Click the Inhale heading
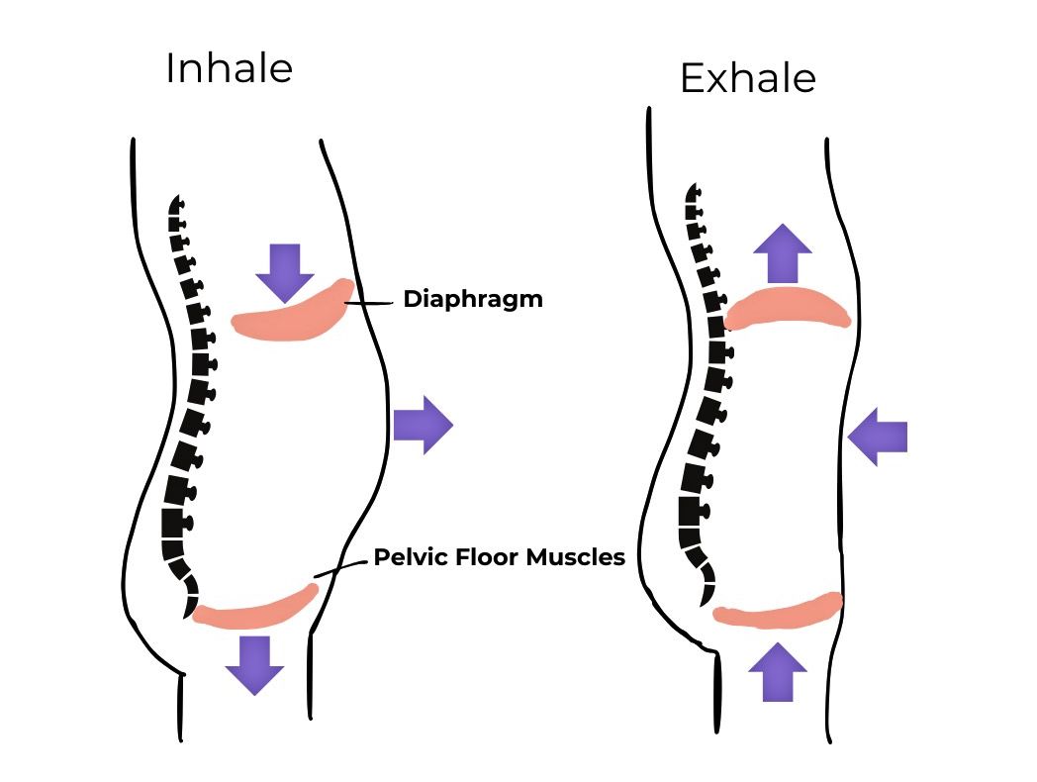click(229, 68)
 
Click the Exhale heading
click(747, 78)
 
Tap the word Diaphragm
click(473, 299)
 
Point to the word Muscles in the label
click(575, 557)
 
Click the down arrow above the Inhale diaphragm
click(284, 270)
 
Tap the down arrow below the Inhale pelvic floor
click(254, 664)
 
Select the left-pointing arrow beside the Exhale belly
click(878, 436)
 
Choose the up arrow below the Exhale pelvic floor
click(778, 671)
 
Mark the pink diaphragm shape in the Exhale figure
click(788, 307)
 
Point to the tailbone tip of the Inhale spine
click(186, 612)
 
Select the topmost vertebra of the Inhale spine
click(178, 202)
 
